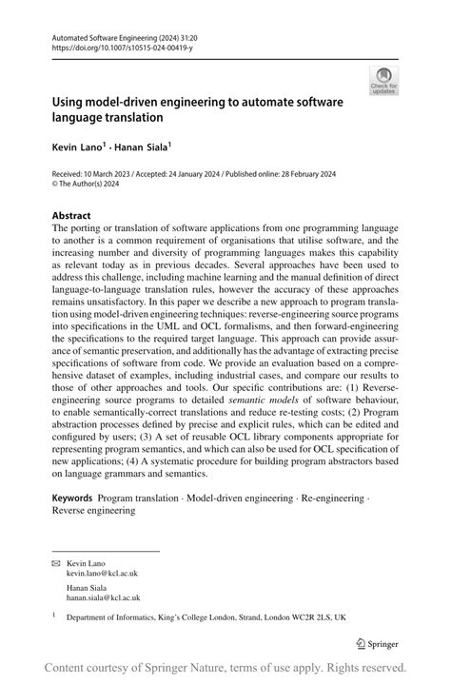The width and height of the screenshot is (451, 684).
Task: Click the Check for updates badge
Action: (383, 80)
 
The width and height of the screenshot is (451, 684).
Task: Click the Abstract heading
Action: (71, 216)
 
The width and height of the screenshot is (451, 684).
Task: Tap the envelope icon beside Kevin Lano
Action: (54, 564)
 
